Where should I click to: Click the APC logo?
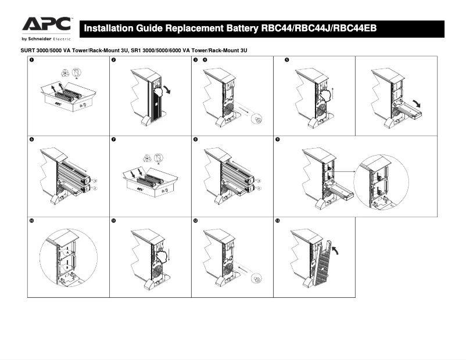[x=46, y=24]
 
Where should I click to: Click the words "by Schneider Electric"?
[x=46, y=39]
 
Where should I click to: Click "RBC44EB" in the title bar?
[x=360, y=28]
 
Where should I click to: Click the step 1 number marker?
[x=31, y=60]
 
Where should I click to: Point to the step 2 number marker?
[x=113, y=60]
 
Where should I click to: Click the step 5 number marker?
[x=287, y=60]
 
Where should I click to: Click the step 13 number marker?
[x=277, y=221]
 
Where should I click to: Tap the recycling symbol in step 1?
[x=64, y=73]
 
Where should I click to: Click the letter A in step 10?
[x=67, y=254]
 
